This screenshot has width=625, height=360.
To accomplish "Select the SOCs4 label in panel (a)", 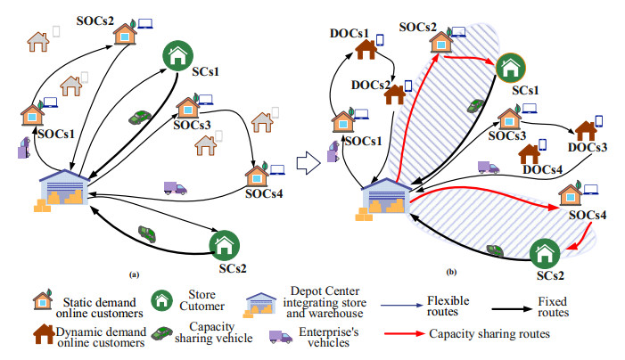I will point(264,192).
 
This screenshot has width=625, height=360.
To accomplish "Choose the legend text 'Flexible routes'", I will point(448,307).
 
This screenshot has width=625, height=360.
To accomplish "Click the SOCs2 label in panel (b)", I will point(417,27).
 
